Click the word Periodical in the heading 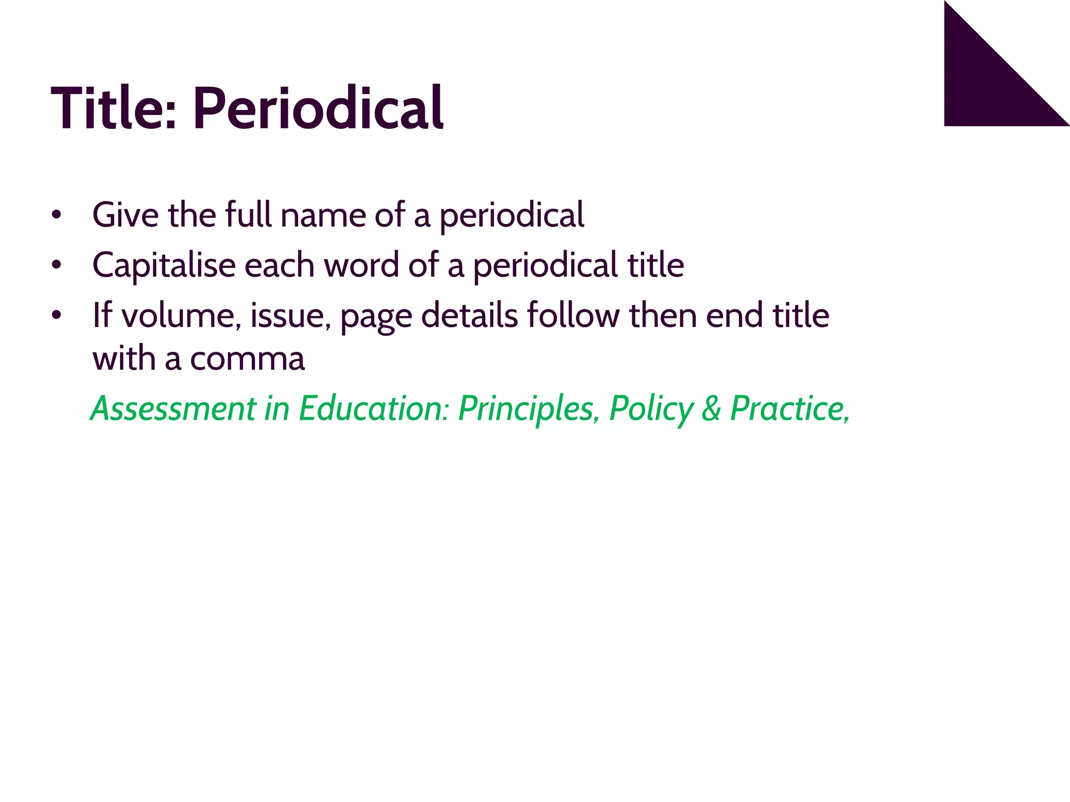point(318,109)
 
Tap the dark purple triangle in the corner point(987,84)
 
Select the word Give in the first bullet point(125,215)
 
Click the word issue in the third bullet point(290,315)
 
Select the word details point(469,315)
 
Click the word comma point(247,359)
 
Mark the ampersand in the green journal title point(711,408)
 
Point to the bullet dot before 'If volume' point(56,315)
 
